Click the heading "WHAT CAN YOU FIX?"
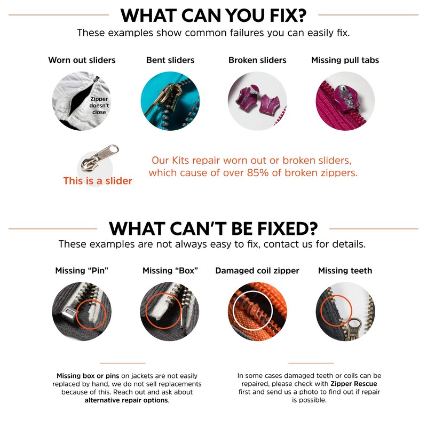click(x=213, y=15)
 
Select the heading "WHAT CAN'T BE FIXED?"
click(x=213, y=228)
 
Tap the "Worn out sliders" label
click(x=82, y=60)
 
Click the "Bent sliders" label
click(x=170, y=60)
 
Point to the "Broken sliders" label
click(x=257, y=60)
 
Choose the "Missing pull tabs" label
click(x=345, y=60)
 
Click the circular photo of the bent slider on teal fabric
click(x=170, y=101)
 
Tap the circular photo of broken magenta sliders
click(x=257, y=101)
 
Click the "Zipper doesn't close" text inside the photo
click(x=99, y=106)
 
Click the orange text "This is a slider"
click(x=98, y=181)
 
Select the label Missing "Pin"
click(x=82, y=271)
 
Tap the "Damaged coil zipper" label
click(x=257, y=271)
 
